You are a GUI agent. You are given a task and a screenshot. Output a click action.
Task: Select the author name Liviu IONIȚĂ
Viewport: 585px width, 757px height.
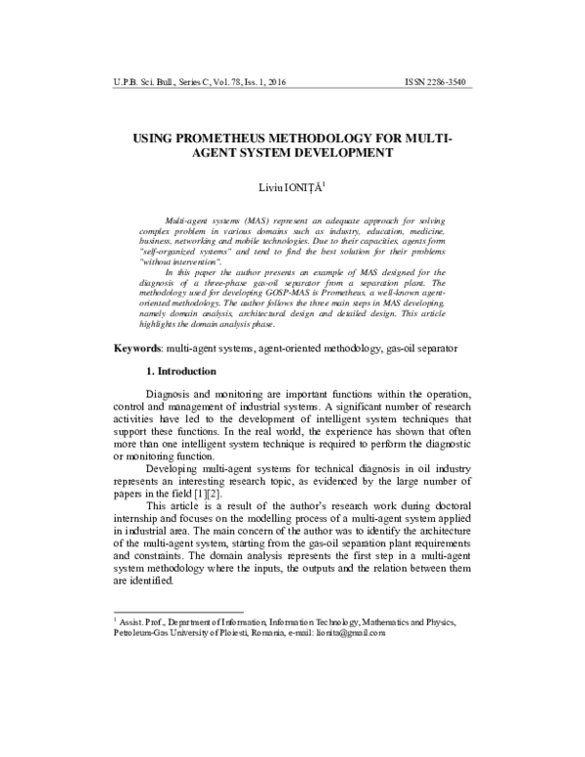coord(290,186)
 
